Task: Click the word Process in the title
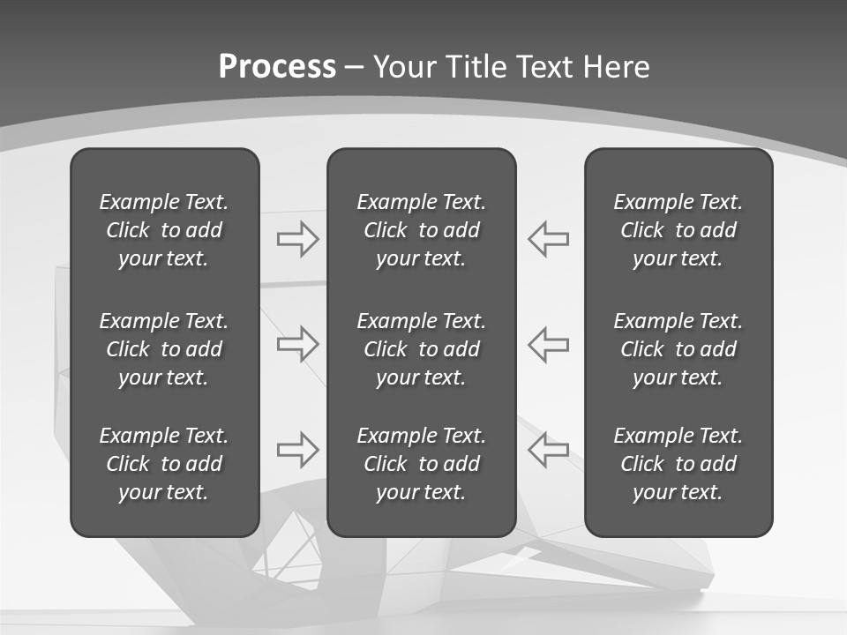[x=277, y=67]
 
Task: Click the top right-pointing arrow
[x=297, y=238]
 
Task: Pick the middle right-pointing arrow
[x=297, y=344]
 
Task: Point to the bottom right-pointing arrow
[x=297, y=450]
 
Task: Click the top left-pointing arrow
[x=548, y=238]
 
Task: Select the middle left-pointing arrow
[x=548, y=344]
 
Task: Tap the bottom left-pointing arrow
[x=548, y=450]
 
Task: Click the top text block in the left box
[x=164, y=230]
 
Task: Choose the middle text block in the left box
[x=164, y=349]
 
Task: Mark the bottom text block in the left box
[x=164, y=464]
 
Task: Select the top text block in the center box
[x=421, y=230]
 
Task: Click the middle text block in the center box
[x=421, y=349]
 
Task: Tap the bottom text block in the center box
[x=421, y=464]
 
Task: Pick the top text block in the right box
[x=678, y=230]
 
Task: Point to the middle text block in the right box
[x=678, y=349]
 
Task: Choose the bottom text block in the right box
[x=678, y=464]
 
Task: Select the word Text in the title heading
[x=543, y=67]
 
